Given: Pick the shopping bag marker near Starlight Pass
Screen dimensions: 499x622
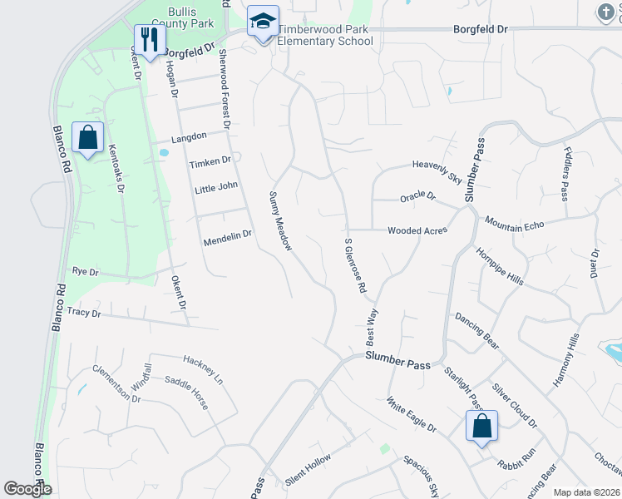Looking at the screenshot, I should (481, 427).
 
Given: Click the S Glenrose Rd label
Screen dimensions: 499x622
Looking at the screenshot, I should (355, 265).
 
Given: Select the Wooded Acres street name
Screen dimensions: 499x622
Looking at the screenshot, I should (417, 231).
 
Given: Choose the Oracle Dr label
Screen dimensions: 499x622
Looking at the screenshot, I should (417, 197).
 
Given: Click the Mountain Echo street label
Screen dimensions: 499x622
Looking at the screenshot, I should (514, 225).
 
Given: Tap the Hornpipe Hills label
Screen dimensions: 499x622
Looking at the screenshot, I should (499, 267).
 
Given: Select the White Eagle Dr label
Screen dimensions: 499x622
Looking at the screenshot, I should (411, 414).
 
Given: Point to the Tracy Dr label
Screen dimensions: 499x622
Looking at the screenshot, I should (83, 313).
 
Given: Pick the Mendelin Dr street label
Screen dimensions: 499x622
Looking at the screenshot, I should (227, 239).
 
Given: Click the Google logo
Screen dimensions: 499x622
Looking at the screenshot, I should (28, 489).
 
